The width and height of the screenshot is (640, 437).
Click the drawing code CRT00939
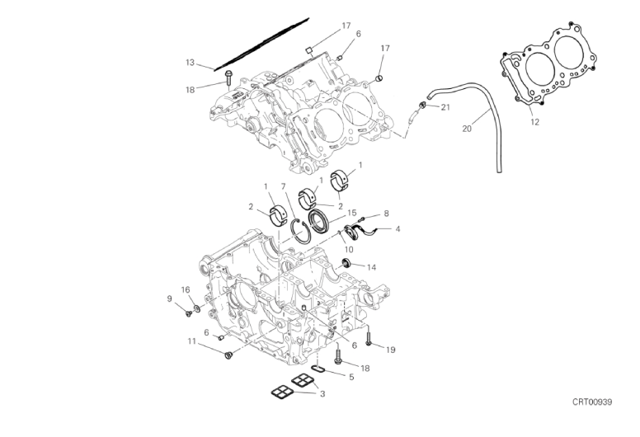click(592, 402)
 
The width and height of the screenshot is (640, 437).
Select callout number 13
click(191, 63)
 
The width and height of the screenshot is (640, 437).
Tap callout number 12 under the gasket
click(534, 121)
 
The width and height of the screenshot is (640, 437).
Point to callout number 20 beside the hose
click(467, 129)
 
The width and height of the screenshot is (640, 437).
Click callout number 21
click(445, 107)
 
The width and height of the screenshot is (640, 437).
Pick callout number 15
click(352, 213)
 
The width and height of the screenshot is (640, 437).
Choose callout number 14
click(371, 267)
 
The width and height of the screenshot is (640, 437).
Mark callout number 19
click(391, 350)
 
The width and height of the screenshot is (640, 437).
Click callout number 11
click(192, 341)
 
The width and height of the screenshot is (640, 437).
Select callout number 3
click(322, 394)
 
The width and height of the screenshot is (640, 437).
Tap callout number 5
click(351, 377)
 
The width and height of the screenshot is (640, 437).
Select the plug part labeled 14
click(346, 262)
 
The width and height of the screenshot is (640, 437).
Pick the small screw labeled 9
click(189, 313)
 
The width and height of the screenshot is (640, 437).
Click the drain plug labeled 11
click(228, 355)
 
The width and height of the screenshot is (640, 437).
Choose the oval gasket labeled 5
click(318, 369)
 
